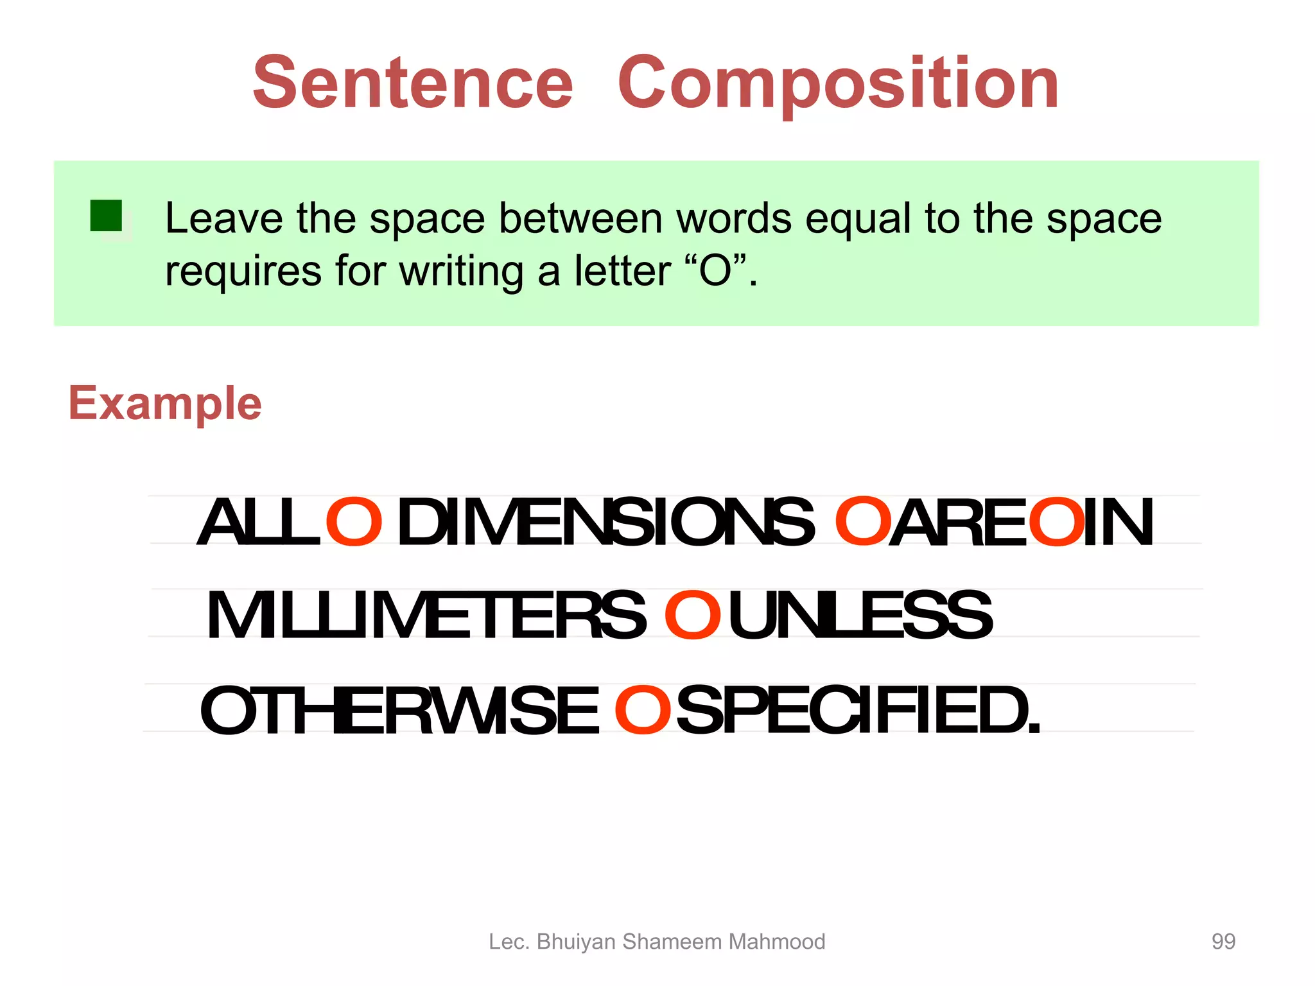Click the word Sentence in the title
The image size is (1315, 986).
(412, 83)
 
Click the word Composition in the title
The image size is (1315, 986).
(838, 84)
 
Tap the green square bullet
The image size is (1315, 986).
(106, 216)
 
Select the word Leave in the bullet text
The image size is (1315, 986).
(223, 218)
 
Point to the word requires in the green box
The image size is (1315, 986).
(243, 271)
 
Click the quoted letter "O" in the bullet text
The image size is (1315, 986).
(715, 271)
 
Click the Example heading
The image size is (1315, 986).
(165, 404)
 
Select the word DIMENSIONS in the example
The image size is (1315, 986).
(605, 523)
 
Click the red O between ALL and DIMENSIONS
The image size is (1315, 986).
(354, 522)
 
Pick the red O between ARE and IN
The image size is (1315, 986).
(1056, 522)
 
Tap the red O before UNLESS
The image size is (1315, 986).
(692, 616)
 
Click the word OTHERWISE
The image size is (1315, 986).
(399, 711)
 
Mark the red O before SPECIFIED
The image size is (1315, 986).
(642, 710)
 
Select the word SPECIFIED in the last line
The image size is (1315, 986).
(857, 711)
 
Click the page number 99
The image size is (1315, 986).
(1223, 941)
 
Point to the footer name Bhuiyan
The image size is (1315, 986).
(576, 942)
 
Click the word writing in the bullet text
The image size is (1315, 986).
(461, 271)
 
